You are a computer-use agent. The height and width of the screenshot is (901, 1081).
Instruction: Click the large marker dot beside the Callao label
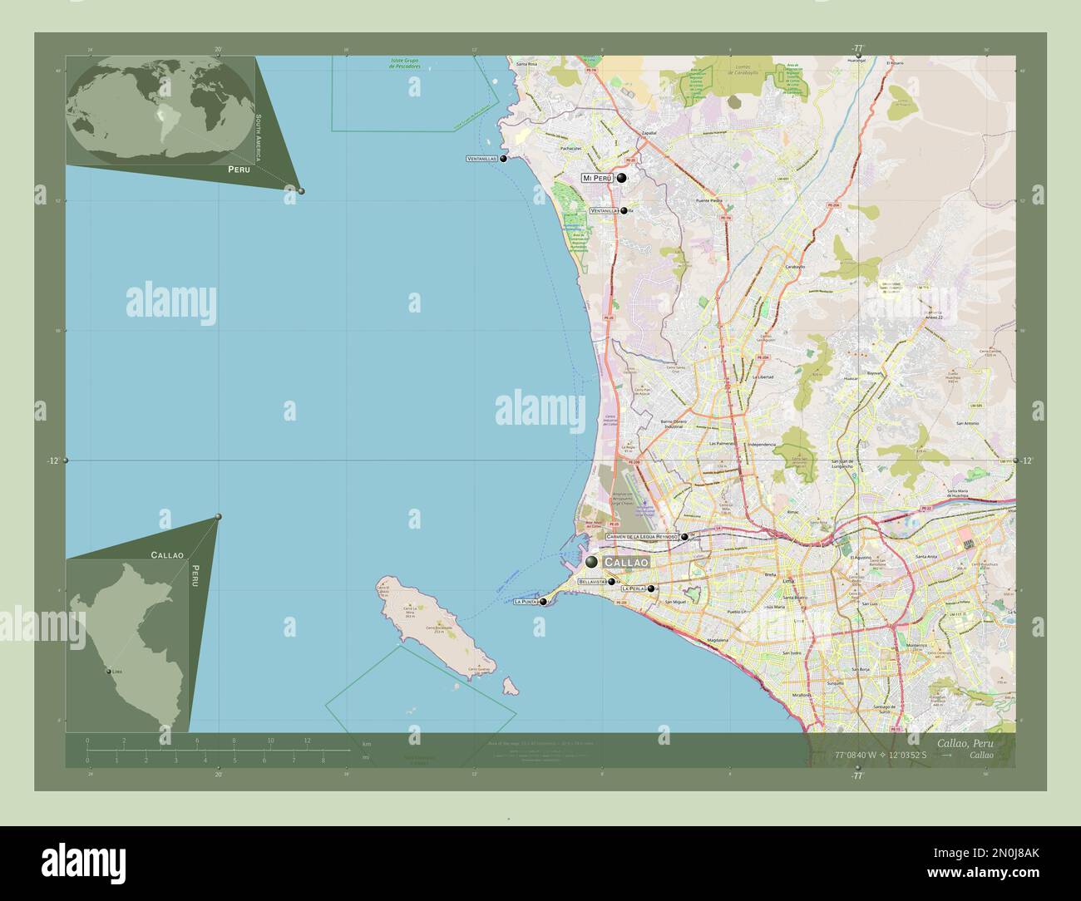coord(592,563)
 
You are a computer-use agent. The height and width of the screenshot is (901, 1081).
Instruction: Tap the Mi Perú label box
coord(597,178)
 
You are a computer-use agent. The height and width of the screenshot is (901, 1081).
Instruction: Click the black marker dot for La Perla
coord(651,588)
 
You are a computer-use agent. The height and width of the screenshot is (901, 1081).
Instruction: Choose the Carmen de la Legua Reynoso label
coord(642,537)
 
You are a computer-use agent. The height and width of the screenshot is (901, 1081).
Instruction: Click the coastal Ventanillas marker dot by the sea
coord(503,159)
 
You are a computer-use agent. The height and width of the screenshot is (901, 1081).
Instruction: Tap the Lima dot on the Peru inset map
coord(109,672)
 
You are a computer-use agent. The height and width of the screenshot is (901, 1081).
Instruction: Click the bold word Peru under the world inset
coord(239,169)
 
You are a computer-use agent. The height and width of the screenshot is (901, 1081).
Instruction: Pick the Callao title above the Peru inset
coord(167,554)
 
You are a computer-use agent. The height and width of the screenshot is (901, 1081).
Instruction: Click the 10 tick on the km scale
coord(270,740)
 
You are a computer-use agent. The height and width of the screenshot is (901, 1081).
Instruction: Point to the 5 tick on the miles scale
coord(234,761)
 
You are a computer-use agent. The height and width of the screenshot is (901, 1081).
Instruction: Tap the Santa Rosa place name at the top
coord(527,64)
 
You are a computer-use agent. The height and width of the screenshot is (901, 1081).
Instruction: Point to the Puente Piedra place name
coord(709,200)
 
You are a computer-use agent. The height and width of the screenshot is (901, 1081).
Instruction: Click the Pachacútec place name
coord(570,148)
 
